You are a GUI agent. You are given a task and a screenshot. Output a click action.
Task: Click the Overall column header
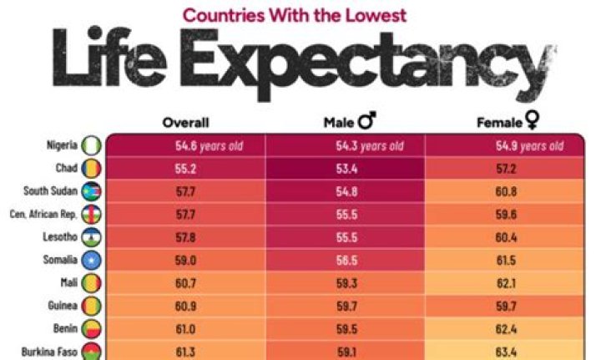(x=185, y=123)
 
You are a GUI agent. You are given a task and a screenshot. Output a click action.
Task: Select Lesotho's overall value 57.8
(x=175, y=237)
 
